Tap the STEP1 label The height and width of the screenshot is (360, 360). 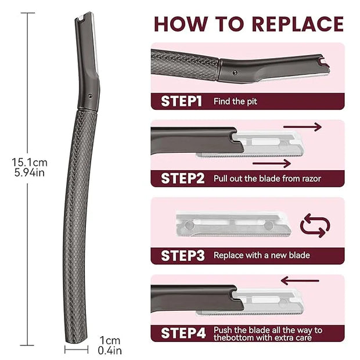tap(181, 101)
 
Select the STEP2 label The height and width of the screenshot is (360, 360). tap(182, 178)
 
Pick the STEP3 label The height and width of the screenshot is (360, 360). tap(182, 255)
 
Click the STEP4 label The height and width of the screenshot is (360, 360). tap(182, 333)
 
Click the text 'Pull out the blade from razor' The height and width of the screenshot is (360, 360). tap(267, 178)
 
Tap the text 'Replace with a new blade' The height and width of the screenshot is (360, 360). tap(262, 255)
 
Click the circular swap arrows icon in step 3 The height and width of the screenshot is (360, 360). tap(315, 226)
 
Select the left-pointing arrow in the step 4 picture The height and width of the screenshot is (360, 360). tap(300, 281)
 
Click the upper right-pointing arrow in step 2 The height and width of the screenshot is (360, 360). tap(302, 127)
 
